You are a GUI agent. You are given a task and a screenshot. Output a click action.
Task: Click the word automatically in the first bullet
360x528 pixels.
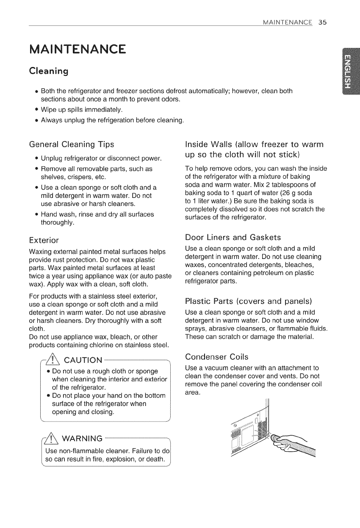(209, 91)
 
